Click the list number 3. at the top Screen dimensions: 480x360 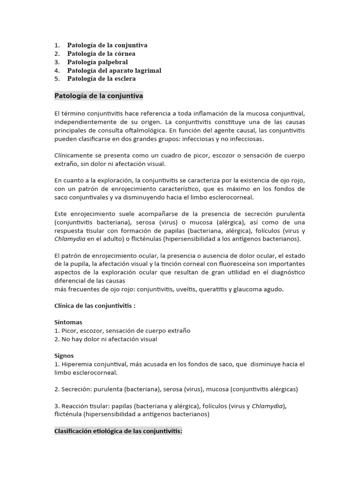point(57,62)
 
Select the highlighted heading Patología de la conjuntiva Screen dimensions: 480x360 point(99,96)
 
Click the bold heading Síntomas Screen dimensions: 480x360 point(68,322)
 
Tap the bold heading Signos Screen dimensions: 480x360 point(64,355)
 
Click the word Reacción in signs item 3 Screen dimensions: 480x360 point(75,406)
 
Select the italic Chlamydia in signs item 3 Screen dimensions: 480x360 point(267,406)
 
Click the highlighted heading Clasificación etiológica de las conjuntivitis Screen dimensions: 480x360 point(118,431)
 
